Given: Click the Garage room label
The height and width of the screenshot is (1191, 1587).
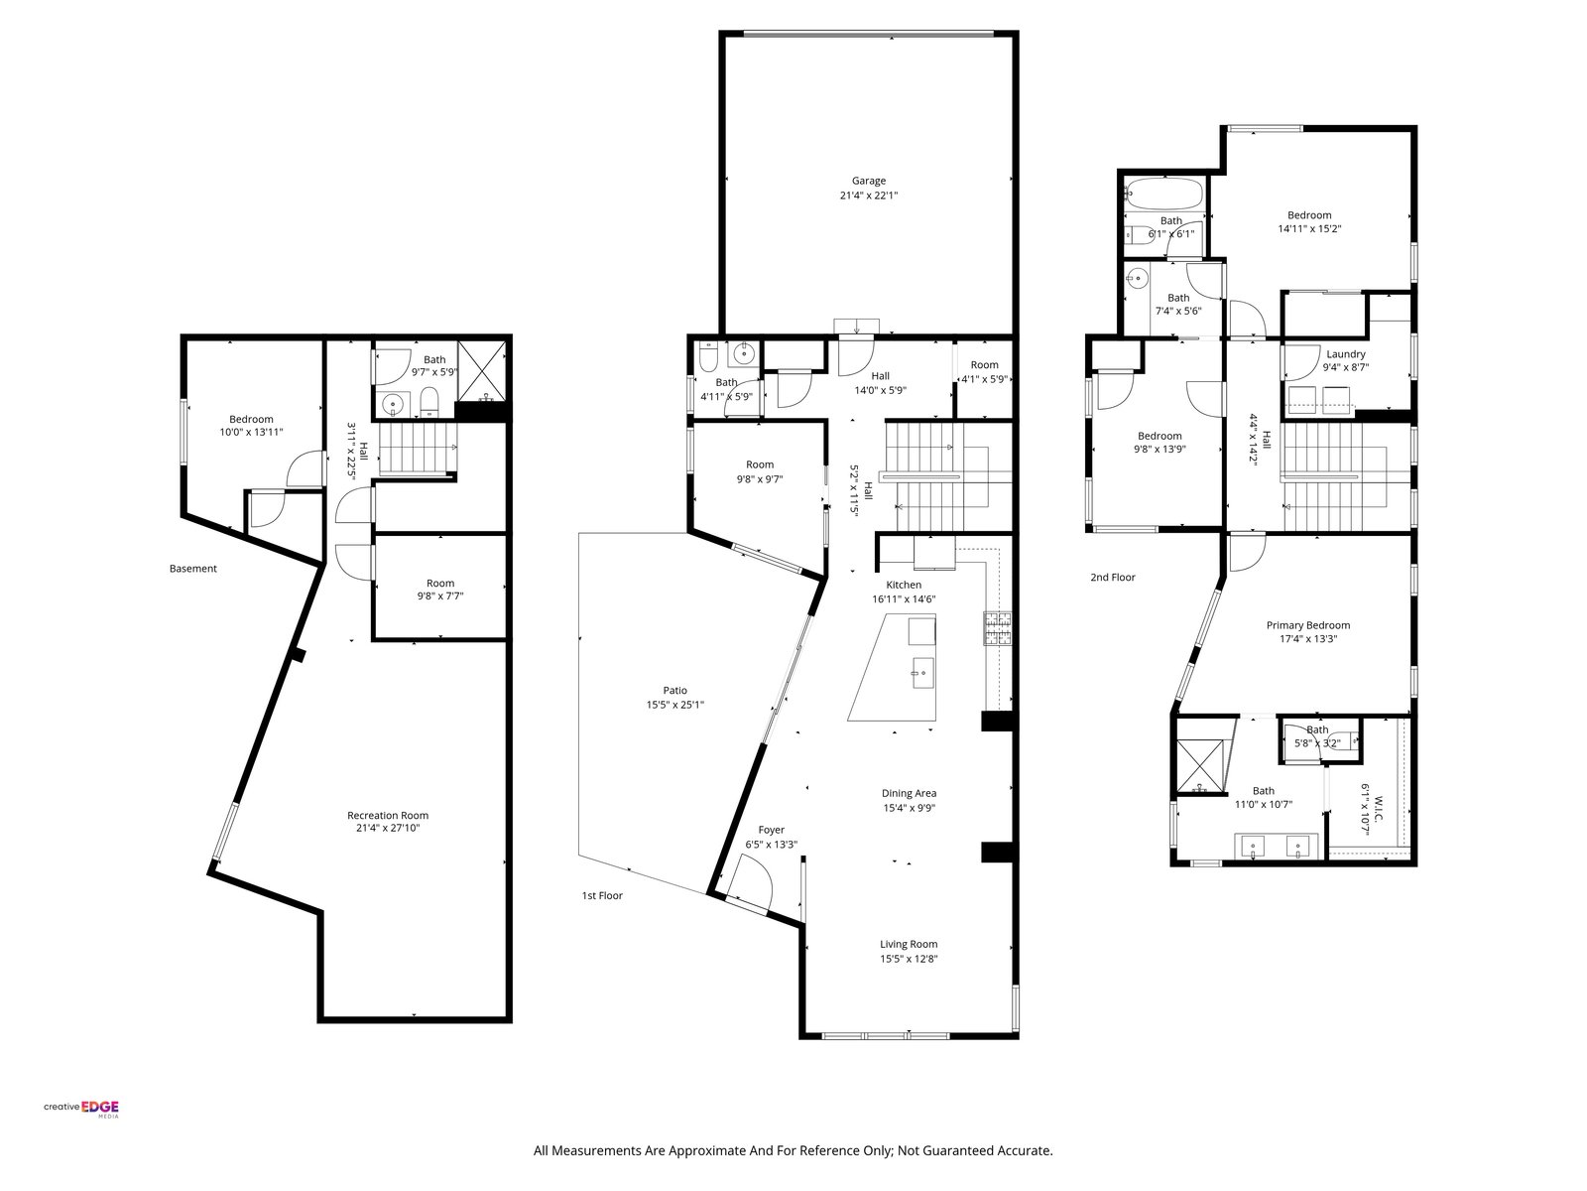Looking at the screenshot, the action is click(868, 181).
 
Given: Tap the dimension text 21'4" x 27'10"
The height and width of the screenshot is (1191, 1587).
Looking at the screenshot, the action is click(388, 828).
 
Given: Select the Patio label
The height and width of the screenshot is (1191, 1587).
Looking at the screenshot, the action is click(675, 691).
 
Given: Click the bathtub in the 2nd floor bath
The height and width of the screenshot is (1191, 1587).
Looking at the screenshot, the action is click(1164, 194).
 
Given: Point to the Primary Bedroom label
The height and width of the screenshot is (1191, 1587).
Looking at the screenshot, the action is click(1308, 625).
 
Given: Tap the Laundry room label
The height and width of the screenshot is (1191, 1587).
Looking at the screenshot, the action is click(1346, 354).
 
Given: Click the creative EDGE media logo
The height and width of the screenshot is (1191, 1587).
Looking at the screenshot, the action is click(81, 1108).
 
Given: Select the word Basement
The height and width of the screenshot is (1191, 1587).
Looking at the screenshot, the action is click(193, 569).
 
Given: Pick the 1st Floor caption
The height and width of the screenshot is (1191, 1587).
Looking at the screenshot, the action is click(602, 895).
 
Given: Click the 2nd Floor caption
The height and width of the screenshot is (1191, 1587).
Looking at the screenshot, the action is click(1113, 577).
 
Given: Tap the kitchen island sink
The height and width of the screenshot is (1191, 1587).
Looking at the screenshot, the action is click(922, 673).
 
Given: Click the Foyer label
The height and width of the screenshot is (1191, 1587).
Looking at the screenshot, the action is click(772, 830).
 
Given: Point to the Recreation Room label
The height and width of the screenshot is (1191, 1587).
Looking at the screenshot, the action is click(388, 815).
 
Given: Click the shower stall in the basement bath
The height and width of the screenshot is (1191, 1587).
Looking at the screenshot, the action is click(483, 371).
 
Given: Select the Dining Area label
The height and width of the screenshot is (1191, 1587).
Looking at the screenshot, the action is click(909, 793).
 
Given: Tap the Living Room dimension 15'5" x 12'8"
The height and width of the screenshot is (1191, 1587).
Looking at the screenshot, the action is click(909, 959).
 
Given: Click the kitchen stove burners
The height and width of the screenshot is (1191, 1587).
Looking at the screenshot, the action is click(997, 628).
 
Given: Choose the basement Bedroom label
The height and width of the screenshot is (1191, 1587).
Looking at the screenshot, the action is click(251, 420).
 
